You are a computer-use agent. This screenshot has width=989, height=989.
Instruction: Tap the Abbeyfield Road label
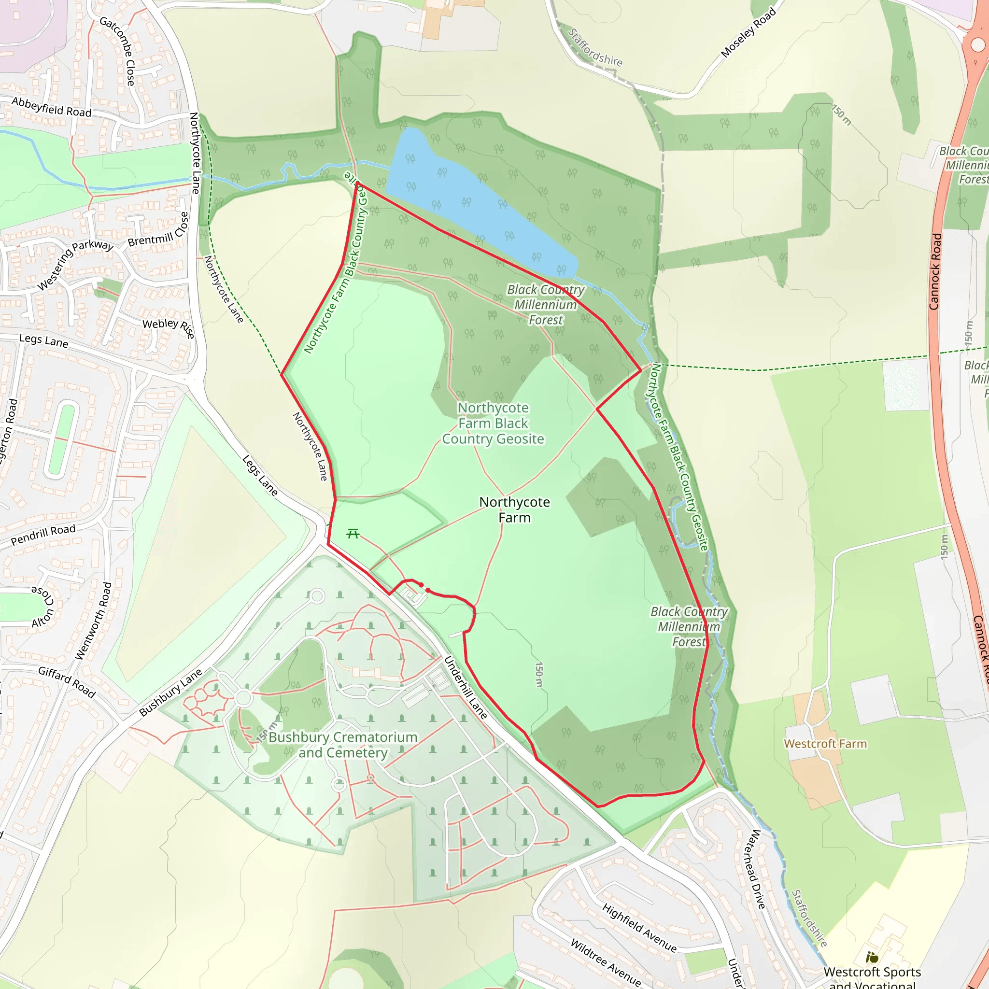51,107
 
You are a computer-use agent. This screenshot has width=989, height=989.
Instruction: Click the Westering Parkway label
75,264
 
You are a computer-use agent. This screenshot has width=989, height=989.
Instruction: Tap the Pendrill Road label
43,534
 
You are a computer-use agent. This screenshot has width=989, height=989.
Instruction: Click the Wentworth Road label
93,621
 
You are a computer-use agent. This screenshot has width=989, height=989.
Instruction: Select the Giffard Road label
67,682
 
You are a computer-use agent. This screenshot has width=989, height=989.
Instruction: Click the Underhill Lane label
466,687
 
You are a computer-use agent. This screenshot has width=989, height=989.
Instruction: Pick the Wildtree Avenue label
606,962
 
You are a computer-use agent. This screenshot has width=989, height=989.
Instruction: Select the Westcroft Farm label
825,744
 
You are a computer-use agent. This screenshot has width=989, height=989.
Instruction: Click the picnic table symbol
353,534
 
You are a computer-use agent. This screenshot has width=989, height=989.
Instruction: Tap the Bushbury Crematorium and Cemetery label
343,745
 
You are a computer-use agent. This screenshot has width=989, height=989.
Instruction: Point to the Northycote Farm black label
514,509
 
